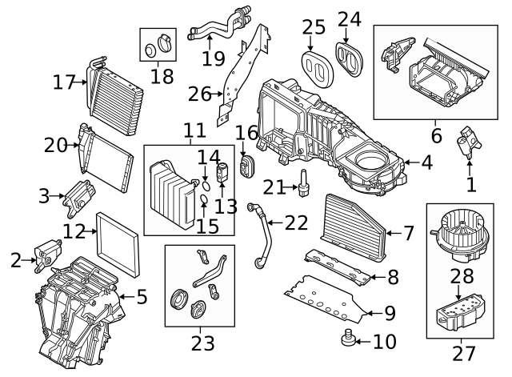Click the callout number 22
297,223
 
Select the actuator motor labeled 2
46,251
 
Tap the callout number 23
202,343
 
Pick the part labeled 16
246,165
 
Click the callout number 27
464,353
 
